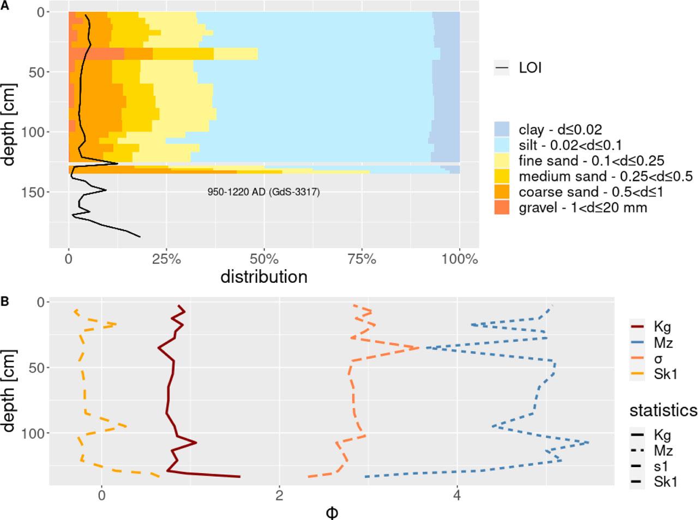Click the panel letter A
coord(4,4)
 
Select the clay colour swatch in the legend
coord(502,129)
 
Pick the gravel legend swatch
coord(502,207)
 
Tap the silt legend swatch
coord(502,145)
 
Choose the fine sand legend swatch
coord(502,161)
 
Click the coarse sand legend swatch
coord(502,192)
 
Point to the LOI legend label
coord(530,68)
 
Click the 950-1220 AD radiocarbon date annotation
coord(263,192)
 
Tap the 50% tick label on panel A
coord(264,259)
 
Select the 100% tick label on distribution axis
coord(459,259)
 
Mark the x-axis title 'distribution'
coord(264,277)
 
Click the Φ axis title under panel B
coord(332,512)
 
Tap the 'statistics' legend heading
coord(663,410)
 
